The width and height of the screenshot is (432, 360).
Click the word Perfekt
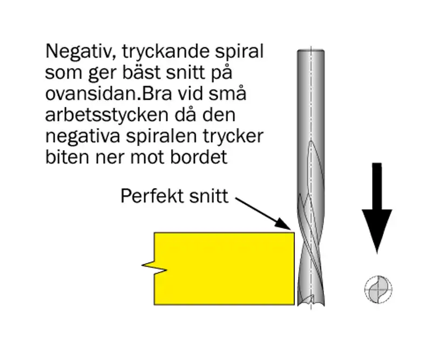[x=149, y=196]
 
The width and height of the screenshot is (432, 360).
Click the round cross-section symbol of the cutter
[x=377, y=288]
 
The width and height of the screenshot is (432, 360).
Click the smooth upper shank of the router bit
[x=310, y=92]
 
